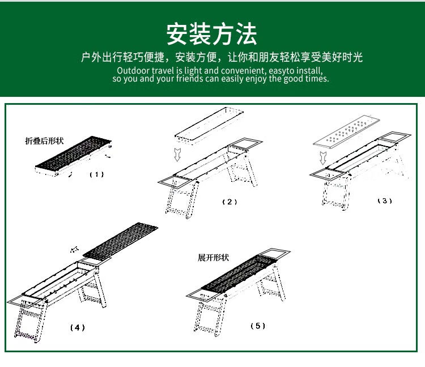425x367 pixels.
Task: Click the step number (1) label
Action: tap(97, 174)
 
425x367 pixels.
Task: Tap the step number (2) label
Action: tap(229, 202)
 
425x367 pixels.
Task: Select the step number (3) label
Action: tap(385, 200)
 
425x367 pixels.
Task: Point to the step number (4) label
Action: tap(78, 328)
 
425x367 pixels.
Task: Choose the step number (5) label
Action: tap(258, 326)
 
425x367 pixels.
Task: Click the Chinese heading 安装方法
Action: tap(212, 34)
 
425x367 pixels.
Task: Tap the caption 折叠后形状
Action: tap(44, 141)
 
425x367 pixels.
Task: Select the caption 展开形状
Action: tap(213, 257)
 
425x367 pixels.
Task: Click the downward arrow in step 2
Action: tap(177, 155)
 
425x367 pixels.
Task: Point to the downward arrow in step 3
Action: tap(323, 158)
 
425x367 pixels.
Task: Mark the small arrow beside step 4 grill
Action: tap(74, 249)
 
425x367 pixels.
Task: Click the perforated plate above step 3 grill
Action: tap(346, 131)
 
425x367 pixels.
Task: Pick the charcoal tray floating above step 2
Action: tap(209, 125)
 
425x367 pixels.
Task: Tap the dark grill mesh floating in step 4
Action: tap(120, 241)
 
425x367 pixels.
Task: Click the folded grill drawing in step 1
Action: tap(73, 156)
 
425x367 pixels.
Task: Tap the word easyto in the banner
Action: tap(282, 71)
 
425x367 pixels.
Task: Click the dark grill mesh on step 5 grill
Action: tap(240, 274)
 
